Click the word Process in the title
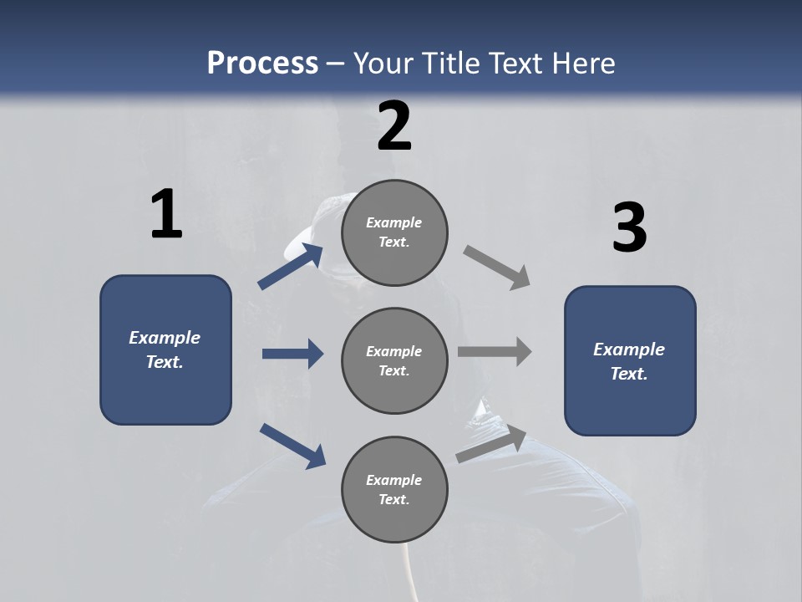click(262, 64)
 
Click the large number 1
click(166, 215)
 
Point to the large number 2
click(394, 126)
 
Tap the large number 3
click(629, 228)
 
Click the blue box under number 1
click(165, 349)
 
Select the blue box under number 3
click(630, 360)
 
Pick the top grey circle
click(394, 232)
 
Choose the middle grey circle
click(394, 360)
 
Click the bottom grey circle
click(394, 489)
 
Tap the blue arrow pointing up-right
click(291, 266)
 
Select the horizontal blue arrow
click(292, 354)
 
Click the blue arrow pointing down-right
click(292, 446)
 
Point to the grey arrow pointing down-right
click(497, 268)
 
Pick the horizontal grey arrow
click(495, 352)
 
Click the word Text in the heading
click(515, 64)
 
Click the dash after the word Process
click(336, 64)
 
